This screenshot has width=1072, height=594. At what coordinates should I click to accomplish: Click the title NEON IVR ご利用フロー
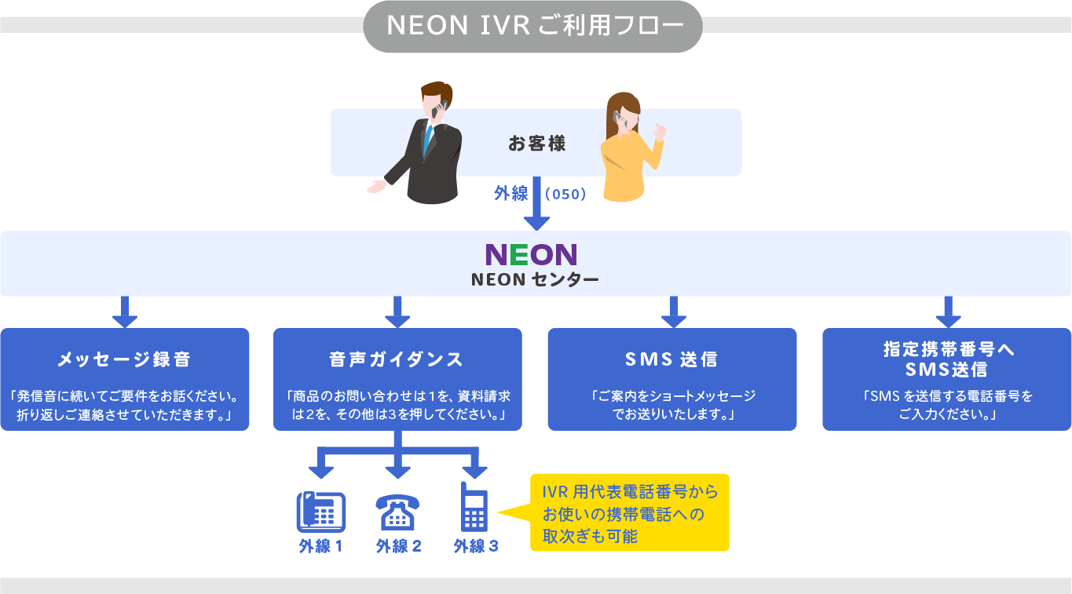(x=532, y=27)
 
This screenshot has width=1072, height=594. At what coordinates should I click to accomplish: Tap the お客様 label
(x=536, y=144)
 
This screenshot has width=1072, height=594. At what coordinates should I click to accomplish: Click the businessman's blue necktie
(x=428, y=139)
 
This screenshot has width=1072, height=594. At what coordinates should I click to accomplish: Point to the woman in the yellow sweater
(x=628, y=149)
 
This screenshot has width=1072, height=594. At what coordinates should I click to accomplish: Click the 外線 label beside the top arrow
(x=510, y=193)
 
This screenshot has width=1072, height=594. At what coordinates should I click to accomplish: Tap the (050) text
(x=565, y=194)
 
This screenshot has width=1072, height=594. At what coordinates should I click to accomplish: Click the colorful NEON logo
(x=532, y=254)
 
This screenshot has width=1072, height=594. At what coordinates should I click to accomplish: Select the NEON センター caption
(x=534, y=279)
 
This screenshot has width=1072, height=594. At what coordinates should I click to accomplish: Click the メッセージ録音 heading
(x=124, y=359)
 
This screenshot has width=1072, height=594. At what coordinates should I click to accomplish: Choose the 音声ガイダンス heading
(x=397, y=359)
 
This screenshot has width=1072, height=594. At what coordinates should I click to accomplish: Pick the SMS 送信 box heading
(x=671, y=359)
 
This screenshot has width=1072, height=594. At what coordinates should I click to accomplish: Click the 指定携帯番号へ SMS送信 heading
(x=946, y=359)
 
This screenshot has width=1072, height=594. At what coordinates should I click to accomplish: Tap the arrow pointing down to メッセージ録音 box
(x=124, y=312)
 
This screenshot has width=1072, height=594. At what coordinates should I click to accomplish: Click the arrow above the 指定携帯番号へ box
(x=948, y=312)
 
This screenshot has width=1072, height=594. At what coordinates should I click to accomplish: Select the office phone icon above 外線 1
(x=320, y=512)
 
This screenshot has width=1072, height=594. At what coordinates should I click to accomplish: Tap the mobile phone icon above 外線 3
(x=474, y=508)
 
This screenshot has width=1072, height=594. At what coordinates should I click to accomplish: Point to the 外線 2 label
(x=398, y=547)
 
